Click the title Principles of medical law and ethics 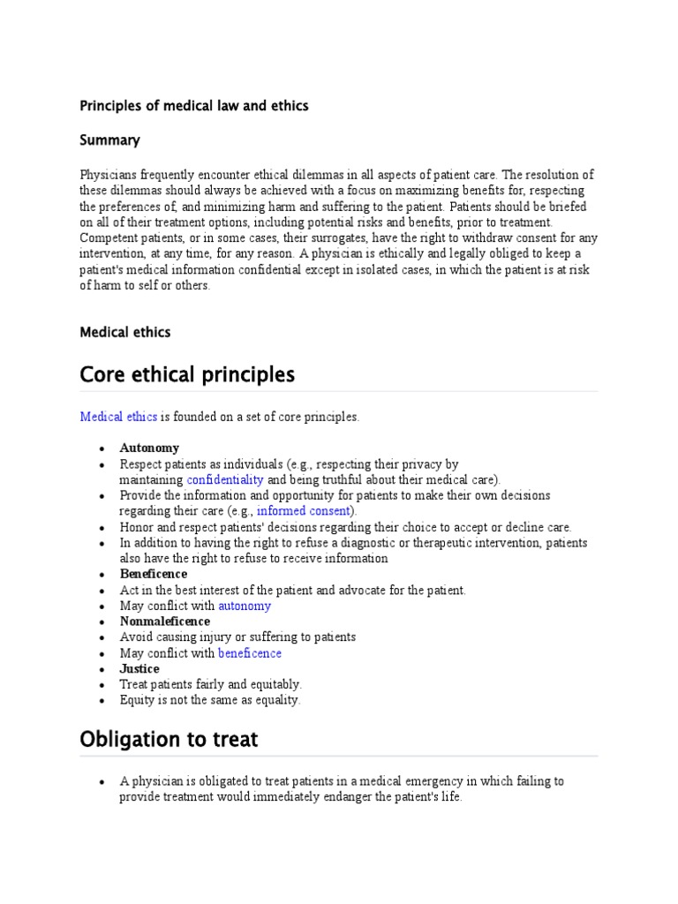pyautogui.click(x=194, y=106)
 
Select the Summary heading pyautogui.click(x=109, y=140)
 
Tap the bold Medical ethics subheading pyautogui.click(x=124, y=333)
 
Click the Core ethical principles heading pyautogui.click(x=187, y=374)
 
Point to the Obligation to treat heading pyautogui.click(x=169, y=739)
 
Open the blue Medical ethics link pyautogui.click(x=118, y=417)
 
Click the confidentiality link pyautogui.click(x=225, y=479)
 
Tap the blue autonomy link pyautogui.click(x=245, y=606)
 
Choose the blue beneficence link pyautogui.click(x=250, y=653)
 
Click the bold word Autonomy pyautogui.click(x=149, y=448)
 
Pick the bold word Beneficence pyautogui.click(x=154, y=574)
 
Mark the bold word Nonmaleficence pyautogui.click(x=165, y=621)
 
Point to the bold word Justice pyautogui.click(x=139, y=669)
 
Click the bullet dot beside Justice pyautogui.click(x=103, y=670)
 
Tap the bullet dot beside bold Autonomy pyautogui.click(x=103, y=448)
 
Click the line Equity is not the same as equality pyautogui.click(x=210, y=700)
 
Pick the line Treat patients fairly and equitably pyautogui.click(x=211, y=684)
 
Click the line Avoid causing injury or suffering pyautogui.click(x=237, y=637)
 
